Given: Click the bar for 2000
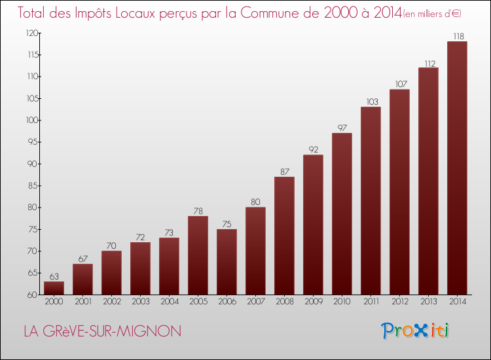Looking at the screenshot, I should (x=54, y=288).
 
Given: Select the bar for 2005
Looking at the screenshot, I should (x=198, y=255).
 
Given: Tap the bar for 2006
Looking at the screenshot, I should (x=227, y=262).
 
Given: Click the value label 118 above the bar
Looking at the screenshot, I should (x=457, y=36).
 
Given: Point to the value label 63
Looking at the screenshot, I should (x=54, y=276).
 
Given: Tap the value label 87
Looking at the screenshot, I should (x=284, y=171).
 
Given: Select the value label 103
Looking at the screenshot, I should (x=371, y=101).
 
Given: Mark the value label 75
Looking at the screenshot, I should (x=227, y=224).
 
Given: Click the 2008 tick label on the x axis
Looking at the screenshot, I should (x=284, y=302).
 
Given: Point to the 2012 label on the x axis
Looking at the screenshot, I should (x=399, y=302).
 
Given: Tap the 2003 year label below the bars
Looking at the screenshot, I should (x=140, y=302).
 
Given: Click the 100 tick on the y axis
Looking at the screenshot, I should (x=30, y=120).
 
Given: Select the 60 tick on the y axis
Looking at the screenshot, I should (x=32, y=295).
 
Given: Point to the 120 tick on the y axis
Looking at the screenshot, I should (x=30, y=33).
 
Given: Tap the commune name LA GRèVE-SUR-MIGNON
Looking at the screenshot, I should (x=102, y=331).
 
